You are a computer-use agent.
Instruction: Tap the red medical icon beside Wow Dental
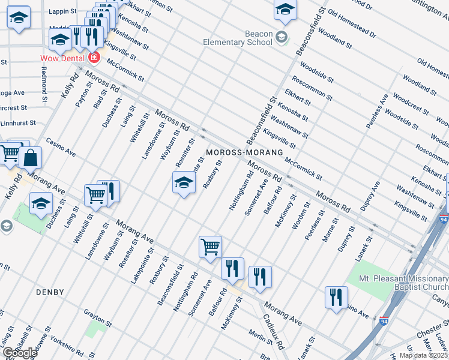pos(93,58)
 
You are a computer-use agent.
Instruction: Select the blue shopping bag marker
pos(31,159)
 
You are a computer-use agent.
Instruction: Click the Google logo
pos(19,353)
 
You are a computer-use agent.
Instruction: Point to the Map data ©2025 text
pos(423,355)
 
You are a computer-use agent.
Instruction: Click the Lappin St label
pos(62,11)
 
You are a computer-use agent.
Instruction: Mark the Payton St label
pos(82,94)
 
